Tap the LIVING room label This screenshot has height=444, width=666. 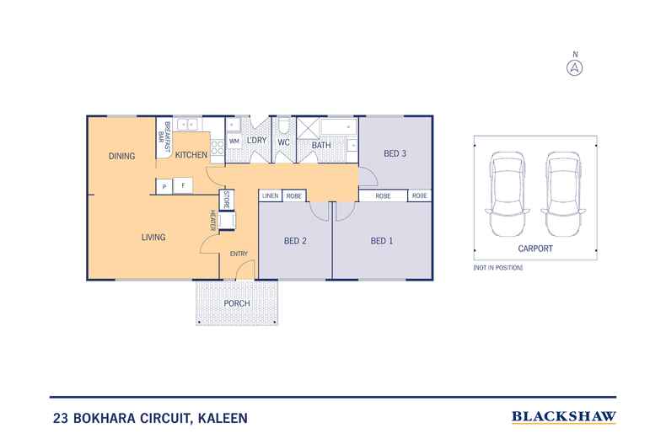coord(153,238)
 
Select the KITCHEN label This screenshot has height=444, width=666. coord(191,156)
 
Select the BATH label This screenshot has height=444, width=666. coord(321,146)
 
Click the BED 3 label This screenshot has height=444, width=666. coord(395,153)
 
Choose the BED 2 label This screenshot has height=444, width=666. coord(294,241)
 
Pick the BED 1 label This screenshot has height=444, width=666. coord(382,241)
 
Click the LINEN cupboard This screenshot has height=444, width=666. coord(270,195)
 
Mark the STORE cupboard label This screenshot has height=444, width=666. coord(226,200)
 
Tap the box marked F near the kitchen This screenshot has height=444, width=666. coord(183,185)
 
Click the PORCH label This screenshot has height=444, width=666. coord(237,302)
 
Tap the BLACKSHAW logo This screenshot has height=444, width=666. coord(564,416)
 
